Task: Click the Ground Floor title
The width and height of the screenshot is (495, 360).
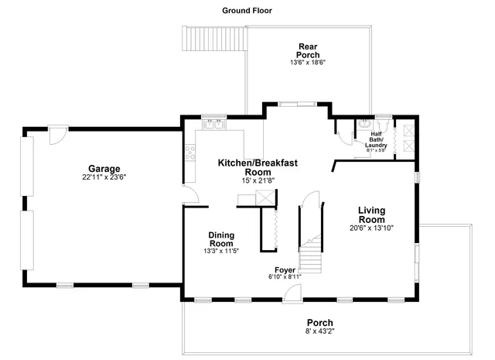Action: pyautogui.click(x=247, y=11)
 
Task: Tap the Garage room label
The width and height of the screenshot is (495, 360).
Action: pyautogui.click(x=104, y=168)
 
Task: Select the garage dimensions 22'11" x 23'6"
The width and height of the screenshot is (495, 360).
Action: pyautogui.click(x=104, y=177)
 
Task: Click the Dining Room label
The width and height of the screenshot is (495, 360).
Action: pyautogui.click(x=221, y=238)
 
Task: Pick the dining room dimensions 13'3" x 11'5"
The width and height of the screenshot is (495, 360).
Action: pyautogui.click(x=221, y=251)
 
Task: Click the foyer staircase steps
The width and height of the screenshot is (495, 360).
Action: pyautogui.click(x=310, y=252)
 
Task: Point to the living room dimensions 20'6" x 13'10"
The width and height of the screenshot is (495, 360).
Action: pyautogui.click(x=377, y=228)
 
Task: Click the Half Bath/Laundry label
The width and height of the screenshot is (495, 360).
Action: pyautogui.click(x=375, y=139)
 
